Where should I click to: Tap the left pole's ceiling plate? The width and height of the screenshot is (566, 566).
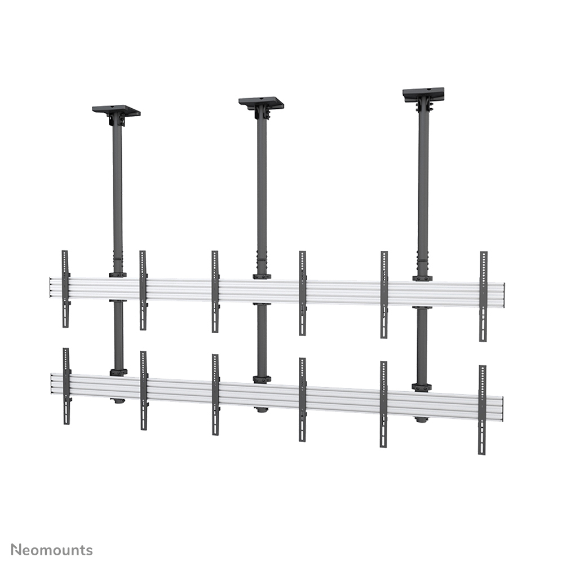(x=116, y=109)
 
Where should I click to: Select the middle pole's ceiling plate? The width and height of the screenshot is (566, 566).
(x=261, y=103)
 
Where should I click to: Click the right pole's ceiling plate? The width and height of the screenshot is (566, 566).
(x=423, y=93)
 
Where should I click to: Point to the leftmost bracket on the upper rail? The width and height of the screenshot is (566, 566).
(x=65, y=289)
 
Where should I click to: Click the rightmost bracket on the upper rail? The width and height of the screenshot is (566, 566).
(x=483, y=295)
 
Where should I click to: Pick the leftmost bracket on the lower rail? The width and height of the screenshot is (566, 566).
(x=67, y=386)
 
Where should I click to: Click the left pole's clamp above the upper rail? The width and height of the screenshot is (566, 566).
(x=117, y=275)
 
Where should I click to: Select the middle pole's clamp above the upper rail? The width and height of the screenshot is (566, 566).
(x=262, y=276)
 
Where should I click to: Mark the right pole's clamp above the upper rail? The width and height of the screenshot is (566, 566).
(x=422, y=278)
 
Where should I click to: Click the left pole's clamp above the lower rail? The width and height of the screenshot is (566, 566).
(x=118, y=372)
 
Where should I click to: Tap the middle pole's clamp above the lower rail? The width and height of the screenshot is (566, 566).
(x=262, y=379)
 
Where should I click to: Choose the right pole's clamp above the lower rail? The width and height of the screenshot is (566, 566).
(x=421, y=387)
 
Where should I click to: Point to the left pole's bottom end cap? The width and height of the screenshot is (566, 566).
(x=118, y=401)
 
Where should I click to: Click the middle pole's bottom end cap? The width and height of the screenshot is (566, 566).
(x=262, y=409)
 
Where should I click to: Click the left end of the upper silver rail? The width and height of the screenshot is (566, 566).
(x=52, y=287)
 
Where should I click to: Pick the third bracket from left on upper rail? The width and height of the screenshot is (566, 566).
(x=215, y=291)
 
